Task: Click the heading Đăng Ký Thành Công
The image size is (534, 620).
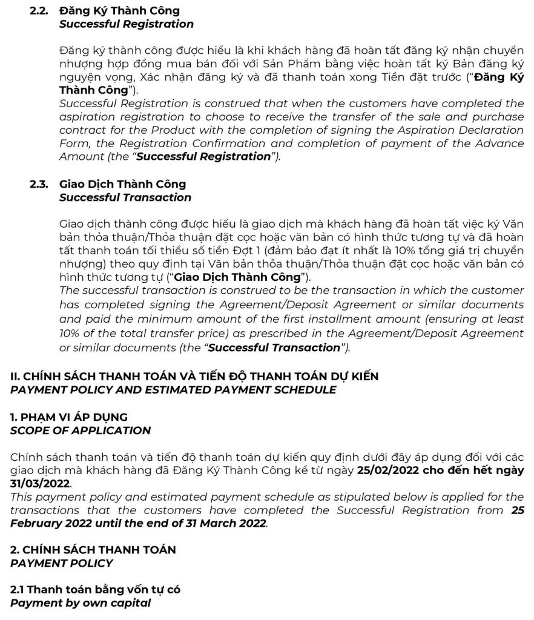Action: [119, 11]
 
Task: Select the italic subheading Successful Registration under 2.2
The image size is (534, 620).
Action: [126, 24]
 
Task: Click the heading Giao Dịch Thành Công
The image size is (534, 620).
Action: [122, 184]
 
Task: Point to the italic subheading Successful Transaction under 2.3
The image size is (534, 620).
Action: [125, 197]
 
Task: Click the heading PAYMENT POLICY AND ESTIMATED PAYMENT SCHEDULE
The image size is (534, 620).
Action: [173, 390]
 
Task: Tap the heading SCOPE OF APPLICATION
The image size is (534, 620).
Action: [81, 430]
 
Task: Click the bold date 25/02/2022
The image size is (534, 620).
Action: [397, 470]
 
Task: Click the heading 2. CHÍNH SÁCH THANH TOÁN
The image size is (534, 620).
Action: [93, 550]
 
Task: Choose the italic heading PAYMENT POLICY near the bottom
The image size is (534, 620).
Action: [62, 563]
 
